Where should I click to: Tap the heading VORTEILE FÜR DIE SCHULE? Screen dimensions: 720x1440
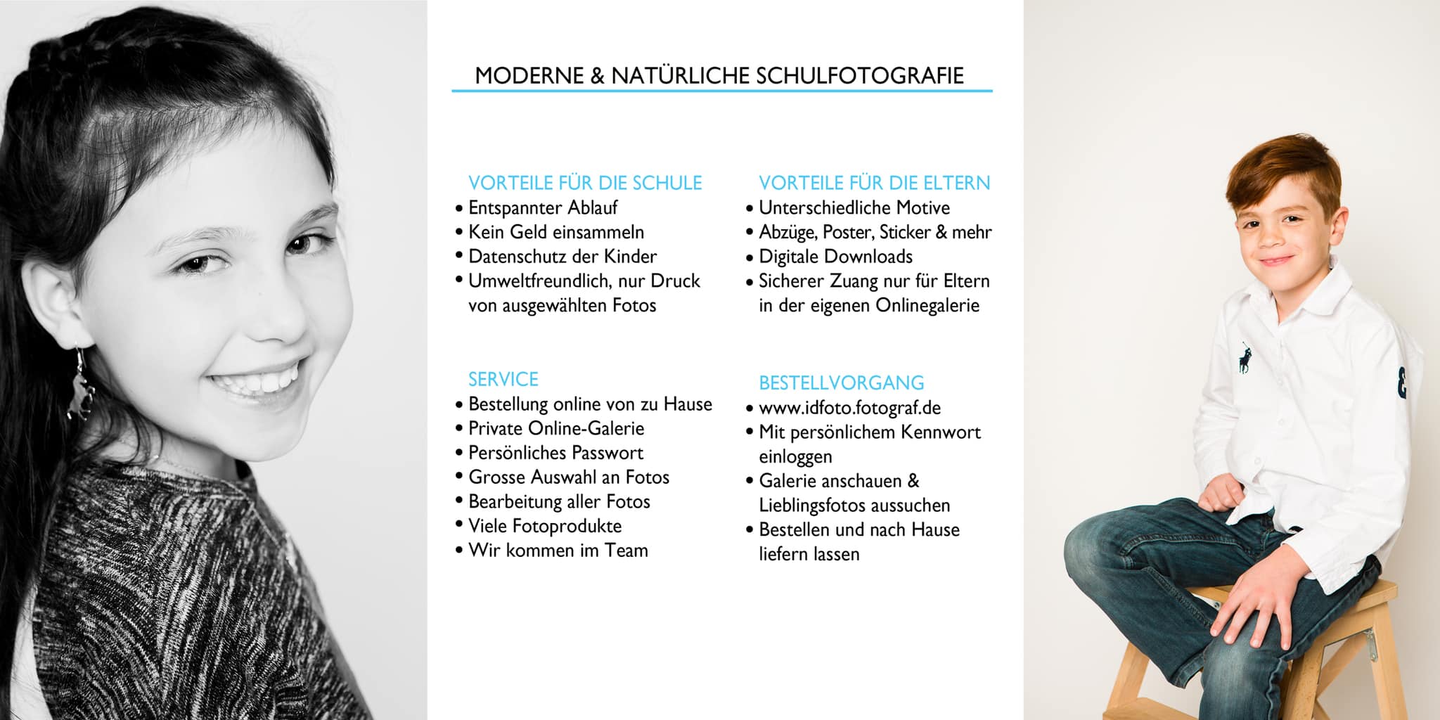pyautogui.click(x=585, y=184)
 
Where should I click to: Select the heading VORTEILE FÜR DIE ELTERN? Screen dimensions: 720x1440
pyautogui.click(x=874, y=184)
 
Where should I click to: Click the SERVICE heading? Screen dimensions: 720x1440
pyautogui.click(x=503, y=380)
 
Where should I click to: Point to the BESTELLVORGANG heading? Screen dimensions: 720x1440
pyautogui.click(x=841, y=383)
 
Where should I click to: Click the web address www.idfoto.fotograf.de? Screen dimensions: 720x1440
pyautogui.click(x=849, y=408)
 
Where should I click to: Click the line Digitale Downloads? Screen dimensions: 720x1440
pyautogui.click(x=835, y=257)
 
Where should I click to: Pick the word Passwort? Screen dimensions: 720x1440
pyautogui.click(x=608, y=453)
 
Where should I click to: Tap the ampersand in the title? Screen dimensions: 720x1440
pyautogui.click(x=597, y=76)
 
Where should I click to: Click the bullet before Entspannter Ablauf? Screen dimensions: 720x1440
pyautogui.click(x=459, y=209)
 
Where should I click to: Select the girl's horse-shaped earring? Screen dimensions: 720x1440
pyautogui.click(x=79, y=387)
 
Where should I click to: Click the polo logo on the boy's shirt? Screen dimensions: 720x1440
pyautogui.click(x=1245, y=358)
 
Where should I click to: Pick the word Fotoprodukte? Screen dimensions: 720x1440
pyautogui.click(x=567, y=527)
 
